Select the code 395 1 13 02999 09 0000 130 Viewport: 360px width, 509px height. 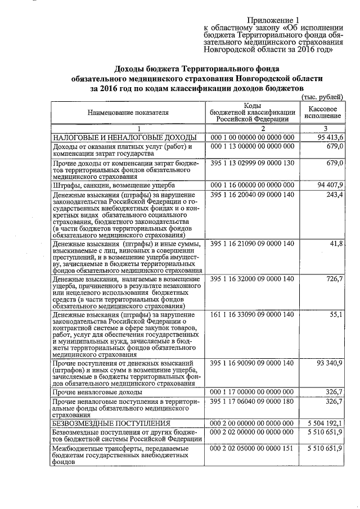click(252, 163)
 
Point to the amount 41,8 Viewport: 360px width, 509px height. click(336, 244)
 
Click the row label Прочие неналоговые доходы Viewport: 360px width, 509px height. click(97, 391)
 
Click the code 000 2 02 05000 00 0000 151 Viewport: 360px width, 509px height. click(252, 448)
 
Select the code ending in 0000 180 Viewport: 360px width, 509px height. click(252, 402)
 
